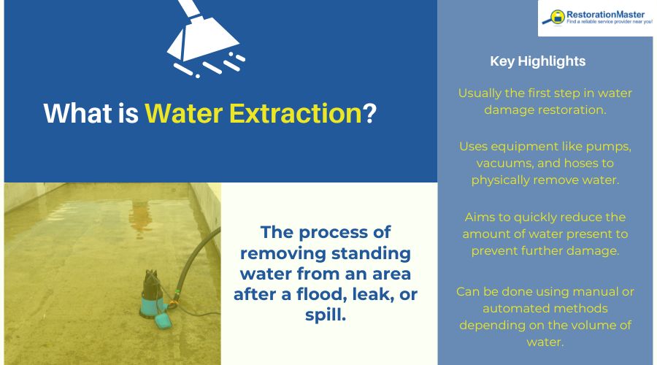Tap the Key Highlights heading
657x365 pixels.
click(537, 61)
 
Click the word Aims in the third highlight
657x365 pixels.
click(478, 218)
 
